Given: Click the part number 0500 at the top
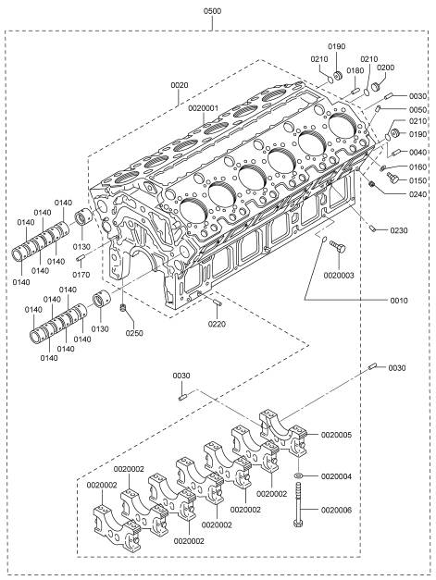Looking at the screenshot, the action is tap(213, 11).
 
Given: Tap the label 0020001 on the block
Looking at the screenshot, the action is tap(204, 108).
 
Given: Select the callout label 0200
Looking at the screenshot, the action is tap(386, 68).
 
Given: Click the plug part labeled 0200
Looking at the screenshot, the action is tap(377, 87).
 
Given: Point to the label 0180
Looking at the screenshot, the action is tap(355, 70).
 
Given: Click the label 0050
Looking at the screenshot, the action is tap(417, 110).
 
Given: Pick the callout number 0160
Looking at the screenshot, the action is tap(417, 167).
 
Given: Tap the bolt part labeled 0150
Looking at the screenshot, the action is tap(392, 178).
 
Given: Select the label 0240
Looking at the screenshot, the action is tap(417, 194).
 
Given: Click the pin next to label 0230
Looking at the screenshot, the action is tap(373, 228).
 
